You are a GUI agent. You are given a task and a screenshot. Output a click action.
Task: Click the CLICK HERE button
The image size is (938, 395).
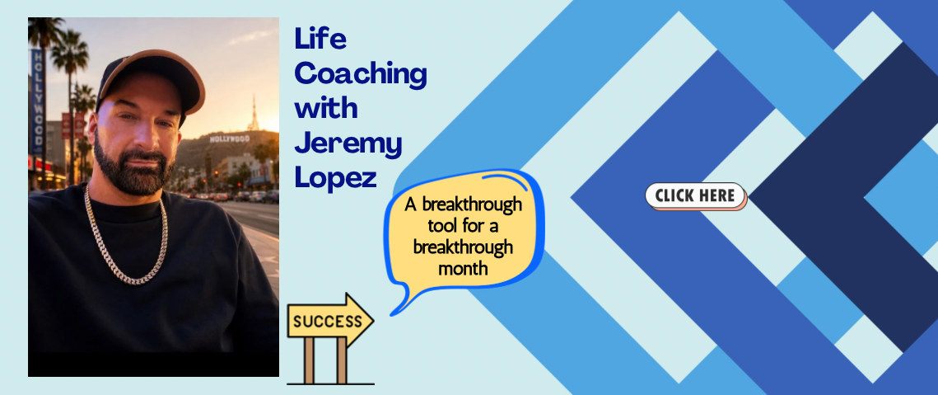point(696,196)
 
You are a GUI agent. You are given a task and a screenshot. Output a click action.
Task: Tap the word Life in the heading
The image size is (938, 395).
point(320,39)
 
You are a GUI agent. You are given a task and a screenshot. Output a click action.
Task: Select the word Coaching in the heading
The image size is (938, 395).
point(361,75)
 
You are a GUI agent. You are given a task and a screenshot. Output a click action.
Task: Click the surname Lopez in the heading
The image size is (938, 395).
point(335,178)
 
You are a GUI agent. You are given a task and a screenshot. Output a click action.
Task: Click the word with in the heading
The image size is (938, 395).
point(326,108)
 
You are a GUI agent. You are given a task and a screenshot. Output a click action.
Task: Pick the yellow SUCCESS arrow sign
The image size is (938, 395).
point(330,322)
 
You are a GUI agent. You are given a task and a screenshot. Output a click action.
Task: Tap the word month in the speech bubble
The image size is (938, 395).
point(463,269)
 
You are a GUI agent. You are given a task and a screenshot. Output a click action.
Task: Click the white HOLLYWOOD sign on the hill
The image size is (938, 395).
point(229,139)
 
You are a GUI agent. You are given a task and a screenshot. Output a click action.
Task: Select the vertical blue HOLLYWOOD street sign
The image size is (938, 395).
point(38,102)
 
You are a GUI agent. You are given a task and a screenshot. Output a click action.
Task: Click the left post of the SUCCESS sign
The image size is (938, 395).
point(309,360)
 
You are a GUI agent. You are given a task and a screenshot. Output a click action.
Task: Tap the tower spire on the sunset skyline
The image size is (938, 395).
point(254,113)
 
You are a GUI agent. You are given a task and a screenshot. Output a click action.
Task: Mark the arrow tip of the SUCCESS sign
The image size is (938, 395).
point(373,322)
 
